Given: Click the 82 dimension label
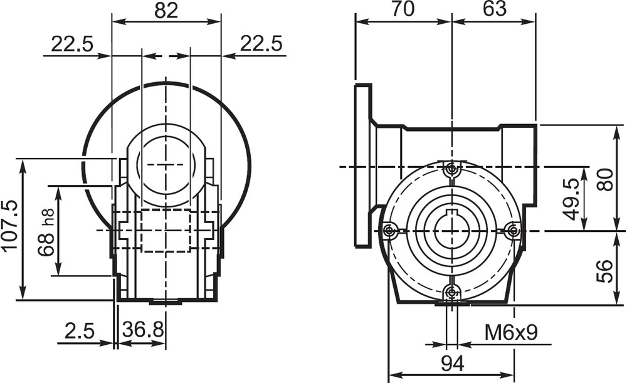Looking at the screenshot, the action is pos(166,11).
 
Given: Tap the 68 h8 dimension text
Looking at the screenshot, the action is pos(46,232).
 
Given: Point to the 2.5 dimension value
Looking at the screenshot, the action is pos(80,330).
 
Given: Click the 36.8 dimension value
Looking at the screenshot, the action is pos(143,330).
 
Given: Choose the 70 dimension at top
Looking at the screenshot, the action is pos(403,9).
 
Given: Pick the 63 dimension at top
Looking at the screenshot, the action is pos(495,9).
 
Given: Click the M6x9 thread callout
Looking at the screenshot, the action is pos(511,333).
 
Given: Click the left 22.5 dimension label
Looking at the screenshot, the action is pos(72,44).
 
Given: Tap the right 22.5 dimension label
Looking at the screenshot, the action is pos(261,44).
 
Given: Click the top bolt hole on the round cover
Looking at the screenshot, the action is pos(452,169).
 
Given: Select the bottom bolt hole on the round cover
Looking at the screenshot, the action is pos(452,293).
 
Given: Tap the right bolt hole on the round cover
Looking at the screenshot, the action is pos(514,231).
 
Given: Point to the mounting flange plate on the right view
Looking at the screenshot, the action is pos(363,165).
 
